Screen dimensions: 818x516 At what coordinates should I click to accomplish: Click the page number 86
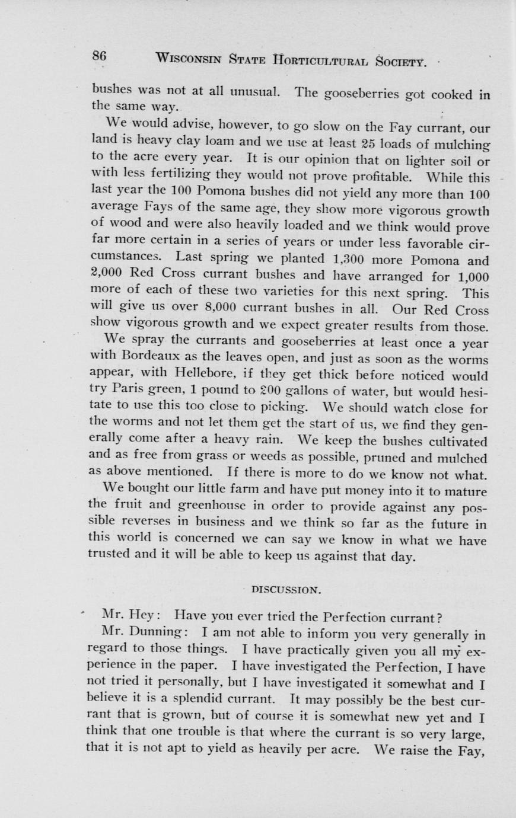click(x=99, y=57)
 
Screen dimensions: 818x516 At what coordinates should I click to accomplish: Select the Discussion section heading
click(x=283, y=590)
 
